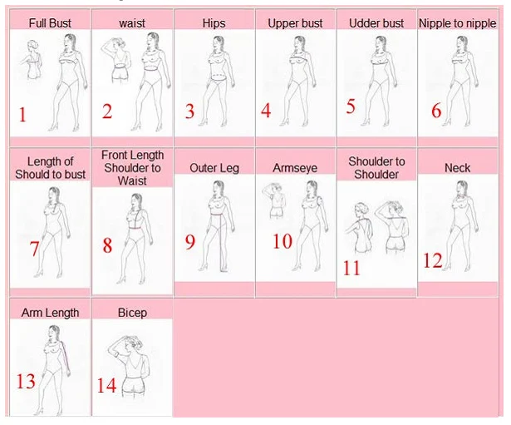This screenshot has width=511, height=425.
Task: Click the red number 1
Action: click(x=22, y=115)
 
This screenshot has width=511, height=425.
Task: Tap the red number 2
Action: click(x=107, y=111)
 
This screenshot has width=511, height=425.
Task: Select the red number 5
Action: click(x=189, y=111)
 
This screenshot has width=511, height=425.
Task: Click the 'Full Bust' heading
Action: click(x=50, y=22)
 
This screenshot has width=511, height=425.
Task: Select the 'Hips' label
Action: click(x=214, y=22)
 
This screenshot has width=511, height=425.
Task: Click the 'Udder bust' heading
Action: click(x=376, y=22)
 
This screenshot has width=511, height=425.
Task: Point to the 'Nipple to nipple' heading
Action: click(x=457, y=22)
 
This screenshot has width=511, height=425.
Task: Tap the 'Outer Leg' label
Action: click(x=214, y=168)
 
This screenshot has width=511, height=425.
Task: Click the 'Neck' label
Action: click(x=457, y=168)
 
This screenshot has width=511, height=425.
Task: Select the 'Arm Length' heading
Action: click(x=50, y=313)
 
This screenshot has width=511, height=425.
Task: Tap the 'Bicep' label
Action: click(x=132, y=313)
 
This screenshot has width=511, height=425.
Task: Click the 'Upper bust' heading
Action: click(x=295, y=22)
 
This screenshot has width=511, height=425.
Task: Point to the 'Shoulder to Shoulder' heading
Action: click(x=376, y=168)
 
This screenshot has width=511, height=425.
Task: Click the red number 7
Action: click(x=34, y=249)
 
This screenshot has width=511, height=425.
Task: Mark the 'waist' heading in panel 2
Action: click(x=132, y=22)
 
